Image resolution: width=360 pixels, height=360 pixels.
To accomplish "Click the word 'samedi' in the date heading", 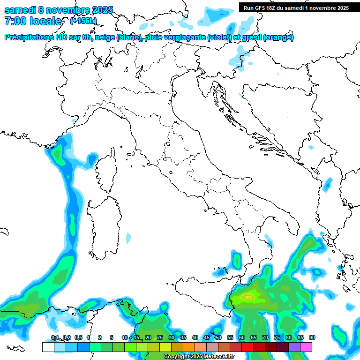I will pyautogui.click(x=20, y=10).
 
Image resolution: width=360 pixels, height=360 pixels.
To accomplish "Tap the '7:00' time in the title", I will pyautogui.click(x=15, y=21).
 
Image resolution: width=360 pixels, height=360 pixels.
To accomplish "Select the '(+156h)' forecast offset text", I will pyautogui.click(x=83, y=21).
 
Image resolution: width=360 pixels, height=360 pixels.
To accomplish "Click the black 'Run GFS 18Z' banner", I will pyautogui.click(x=296, y=8).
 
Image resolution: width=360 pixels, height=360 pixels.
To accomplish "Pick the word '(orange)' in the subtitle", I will pyautogui.click(x=278, y=37).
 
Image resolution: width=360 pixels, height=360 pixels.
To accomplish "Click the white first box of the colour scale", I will pyautogui.click(x=48, y=347).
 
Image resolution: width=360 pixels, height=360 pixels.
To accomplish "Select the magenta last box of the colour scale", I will pyautogui.click(x=306, y=347).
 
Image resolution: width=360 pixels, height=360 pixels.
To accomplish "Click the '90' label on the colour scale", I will pyautogui.click(x=312, y=338).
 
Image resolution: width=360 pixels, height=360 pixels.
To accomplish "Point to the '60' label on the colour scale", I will pyautogui.click(x=241, y=338).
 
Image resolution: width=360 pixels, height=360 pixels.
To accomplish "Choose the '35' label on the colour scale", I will pyautogui.click(x=183, y=338).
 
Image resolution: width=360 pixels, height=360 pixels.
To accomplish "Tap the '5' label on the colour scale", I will pyautogui.click(x=112, y=338).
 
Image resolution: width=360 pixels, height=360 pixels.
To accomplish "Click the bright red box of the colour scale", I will pyautogui.click(x=247, y=347).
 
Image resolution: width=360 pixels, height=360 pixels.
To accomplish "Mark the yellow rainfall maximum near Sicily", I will pyautogui.click(x=248, y=296).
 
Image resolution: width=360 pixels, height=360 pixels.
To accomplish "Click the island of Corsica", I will pyautogui.click(x=107, y=171).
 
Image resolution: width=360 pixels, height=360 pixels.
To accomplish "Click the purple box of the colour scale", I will pyautogui.click(x=294, y=347).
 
